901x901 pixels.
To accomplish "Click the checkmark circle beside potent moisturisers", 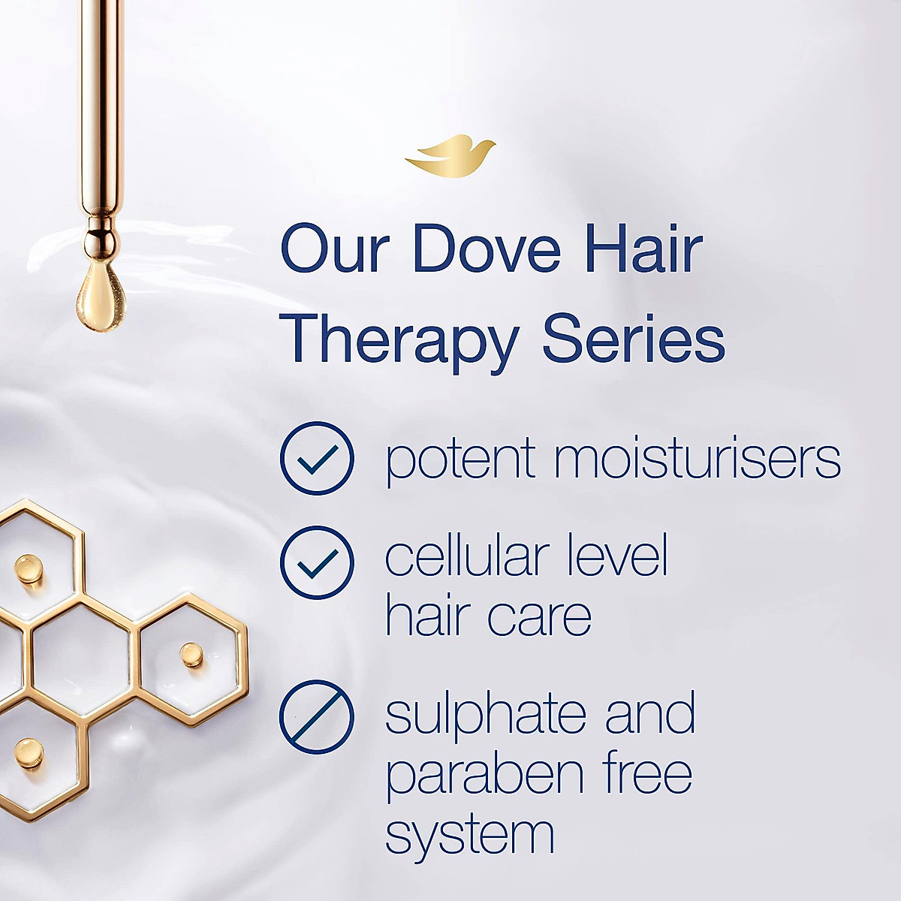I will point(316,458).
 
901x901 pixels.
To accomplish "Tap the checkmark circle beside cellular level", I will point(316,562).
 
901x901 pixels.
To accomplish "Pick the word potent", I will point(460,460).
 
